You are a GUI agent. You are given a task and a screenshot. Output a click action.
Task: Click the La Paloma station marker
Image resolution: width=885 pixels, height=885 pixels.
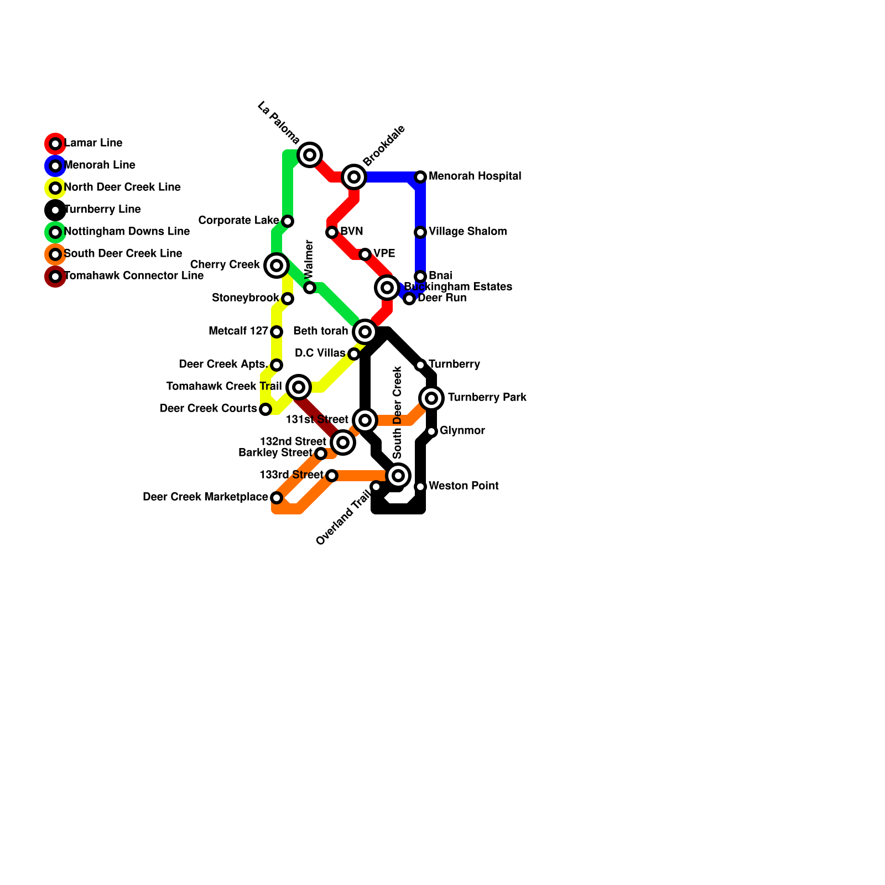[310, 155]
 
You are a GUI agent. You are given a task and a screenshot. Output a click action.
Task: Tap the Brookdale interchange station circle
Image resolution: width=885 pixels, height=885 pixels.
[354, 177]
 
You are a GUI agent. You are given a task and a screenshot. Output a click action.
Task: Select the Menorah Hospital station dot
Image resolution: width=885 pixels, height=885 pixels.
[420, 177]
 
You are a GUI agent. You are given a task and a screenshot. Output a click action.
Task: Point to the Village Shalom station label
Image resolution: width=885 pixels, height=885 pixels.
[467, 231]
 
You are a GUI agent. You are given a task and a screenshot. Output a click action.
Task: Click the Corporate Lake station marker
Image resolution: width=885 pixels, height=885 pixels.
[288, 221]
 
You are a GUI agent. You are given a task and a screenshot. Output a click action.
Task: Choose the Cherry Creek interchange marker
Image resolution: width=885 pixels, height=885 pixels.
[277, 265]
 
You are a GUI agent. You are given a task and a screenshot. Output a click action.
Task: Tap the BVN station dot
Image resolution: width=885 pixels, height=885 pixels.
[332, 232]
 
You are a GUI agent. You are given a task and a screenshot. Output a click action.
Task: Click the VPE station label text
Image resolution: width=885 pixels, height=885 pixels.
[384, 253]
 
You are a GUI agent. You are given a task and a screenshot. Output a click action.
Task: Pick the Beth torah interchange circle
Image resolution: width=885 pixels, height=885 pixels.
[365, 332]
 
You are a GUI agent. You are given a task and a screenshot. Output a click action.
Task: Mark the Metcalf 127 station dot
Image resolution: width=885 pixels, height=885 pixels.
[277, 332]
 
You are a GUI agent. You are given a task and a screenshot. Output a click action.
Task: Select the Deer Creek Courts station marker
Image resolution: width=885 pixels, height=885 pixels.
[265, 409]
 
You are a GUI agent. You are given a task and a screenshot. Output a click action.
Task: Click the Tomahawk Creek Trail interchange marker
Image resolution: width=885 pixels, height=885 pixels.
[299, 387]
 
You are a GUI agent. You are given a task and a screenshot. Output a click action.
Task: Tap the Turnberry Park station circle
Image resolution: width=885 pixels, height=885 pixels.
[431, 398]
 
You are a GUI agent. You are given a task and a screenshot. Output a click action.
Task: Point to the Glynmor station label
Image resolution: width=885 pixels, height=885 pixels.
[462, 430]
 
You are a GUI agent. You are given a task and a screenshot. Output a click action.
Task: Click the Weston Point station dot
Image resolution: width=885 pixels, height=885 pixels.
[420, 487]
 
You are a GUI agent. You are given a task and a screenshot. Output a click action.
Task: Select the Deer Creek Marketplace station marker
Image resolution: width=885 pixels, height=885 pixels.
[277, 498]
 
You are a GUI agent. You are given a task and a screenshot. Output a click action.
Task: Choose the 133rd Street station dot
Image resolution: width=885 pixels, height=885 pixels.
[332, 476]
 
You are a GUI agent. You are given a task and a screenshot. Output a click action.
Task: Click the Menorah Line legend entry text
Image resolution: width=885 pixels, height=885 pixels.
[100, 165]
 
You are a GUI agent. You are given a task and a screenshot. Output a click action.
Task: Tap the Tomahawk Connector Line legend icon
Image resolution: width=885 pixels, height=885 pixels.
[55, 277]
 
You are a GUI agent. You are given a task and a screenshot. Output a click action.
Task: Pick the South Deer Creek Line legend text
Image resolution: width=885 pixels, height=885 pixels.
[123, 253]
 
